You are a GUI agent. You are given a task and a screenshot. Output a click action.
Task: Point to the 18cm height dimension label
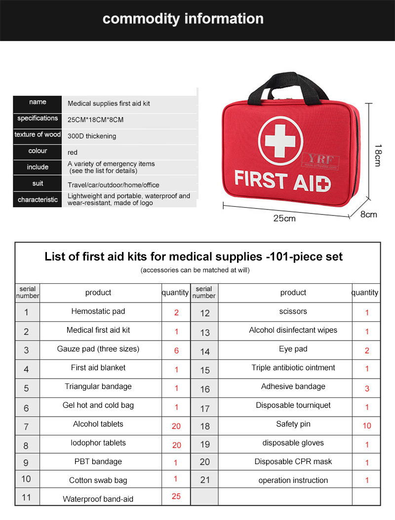(x=377, y=155)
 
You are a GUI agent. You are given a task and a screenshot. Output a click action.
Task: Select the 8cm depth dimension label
(x=368, y=214)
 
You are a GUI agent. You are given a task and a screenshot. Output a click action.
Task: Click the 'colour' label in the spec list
(x=38, y=151)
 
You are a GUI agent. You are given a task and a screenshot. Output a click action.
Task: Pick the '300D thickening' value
(x=92, y=136)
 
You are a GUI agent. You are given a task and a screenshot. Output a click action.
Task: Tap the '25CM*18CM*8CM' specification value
(x=95, y=119)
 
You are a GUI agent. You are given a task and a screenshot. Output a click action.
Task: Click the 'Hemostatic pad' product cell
(x=98, y=311)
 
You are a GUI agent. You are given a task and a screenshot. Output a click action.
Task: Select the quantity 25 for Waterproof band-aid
(x=176, y=496)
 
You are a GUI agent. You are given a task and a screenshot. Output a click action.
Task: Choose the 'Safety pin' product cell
(x=293, y=424)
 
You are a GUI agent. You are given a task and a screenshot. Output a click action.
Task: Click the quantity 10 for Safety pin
(x=367, y=426)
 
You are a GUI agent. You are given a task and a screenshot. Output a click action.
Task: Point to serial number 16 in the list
(x=205, y=389)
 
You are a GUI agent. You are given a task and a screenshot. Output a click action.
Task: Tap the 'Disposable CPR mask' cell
(x=293, y=462)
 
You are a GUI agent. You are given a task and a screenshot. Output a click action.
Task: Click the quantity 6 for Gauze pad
(x=176, y=350)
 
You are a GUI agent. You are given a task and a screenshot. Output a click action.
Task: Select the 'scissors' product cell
(x=293, y=311)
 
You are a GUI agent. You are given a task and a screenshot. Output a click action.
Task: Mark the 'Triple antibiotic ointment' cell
(x=293, y=368)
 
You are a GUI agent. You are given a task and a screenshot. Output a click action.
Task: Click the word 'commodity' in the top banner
(x=141, y=19)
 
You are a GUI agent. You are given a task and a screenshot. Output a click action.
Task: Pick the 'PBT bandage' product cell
(x=98, y=462)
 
